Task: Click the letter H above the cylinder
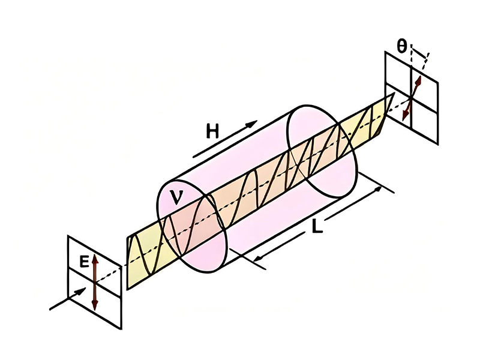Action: point(212,131)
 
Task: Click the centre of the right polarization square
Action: point(413,95)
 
